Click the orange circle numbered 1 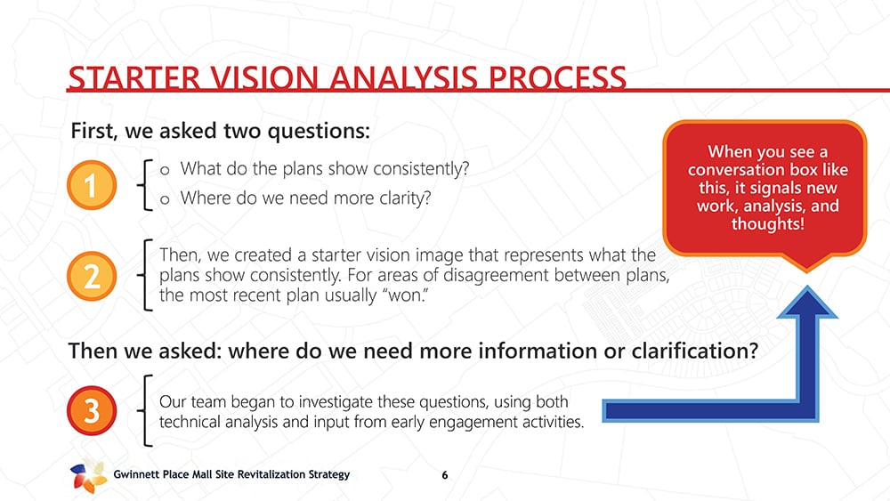[x=92, y=185]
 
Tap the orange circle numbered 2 [x=92, y=276]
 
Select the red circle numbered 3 [x=92, y=410]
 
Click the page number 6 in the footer [x=444, y=475]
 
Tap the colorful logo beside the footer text [x=88, y=475]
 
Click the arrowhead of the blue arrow [x=806, y=303]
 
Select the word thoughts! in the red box [x=767, y=223]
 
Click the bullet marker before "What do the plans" [x=165, y=170]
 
